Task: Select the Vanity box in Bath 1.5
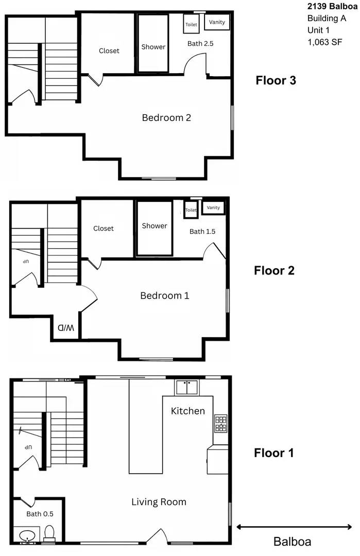[x=213, y=207]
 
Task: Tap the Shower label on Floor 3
[x=153, y=47]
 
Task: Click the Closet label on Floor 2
[x=104, y=229]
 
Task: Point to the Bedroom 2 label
[x=166, y=118]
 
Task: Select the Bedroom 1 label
[x=164, y=296]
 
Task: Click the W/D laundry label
[x=65, y=327]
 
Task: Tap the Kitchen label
[x=188, y=411]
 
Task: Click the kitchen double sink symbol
[x=186, y=387]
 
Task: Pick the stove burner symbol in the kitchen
[x=220, y=423]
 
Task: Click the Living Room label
[x=159, y=502]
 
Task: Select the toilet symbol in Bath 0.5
[x=49, y=533]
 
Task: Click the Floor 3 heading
[x=276, y=80]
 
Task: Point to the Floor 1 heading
[x=273, y=453]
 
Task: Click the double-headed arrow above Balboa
[x=294, y=527]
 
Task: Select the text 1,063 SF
[x=324, y=43]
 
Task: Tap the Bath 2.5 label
[x=200, y=44]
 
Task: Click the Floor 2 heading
[x=274, y=271]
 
